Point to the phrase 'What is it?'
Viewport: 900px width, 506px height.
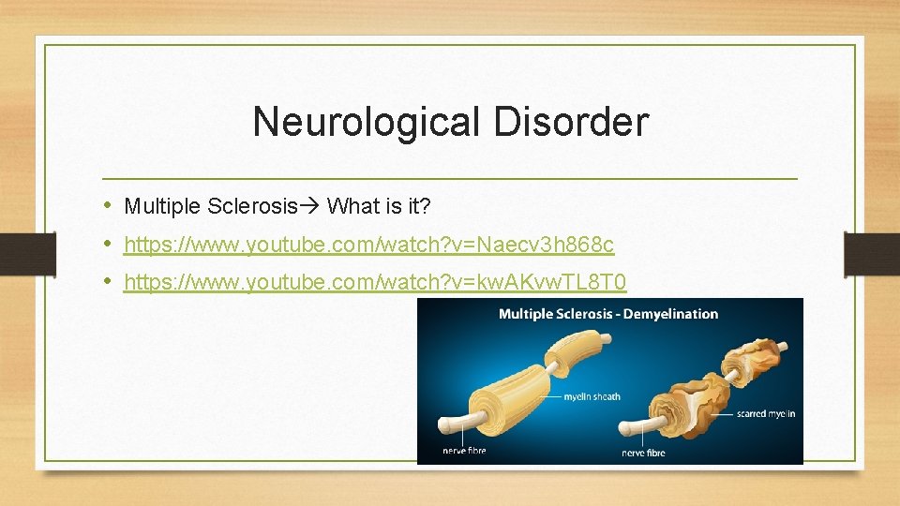(x=377, y=205)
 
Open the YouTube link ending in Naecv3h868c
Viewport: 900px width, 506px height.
(x=368, y=246)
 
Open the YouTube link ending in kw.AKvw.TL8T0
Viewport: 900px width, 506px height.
(x=375, y=282)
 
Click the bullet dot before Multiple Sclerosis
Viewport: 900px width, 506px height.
(x=110, y=205)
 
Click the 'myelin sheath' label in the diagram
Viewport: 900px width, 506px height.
(x=592, y=396)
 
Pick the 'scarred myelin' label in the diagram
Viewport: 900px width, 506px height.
(x=765, y=413)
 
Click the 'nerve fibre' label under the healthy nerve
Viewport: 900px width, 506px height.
(x=463, y=451)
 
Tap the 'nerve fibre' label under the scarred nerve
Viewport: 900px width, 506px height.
(x=643, y=453)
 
